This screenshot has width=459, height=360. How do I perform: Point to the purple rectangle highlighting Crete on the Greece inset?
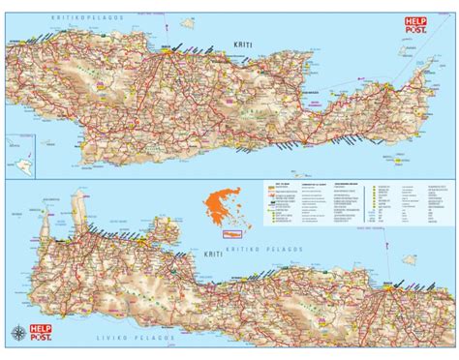(231, 233)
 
